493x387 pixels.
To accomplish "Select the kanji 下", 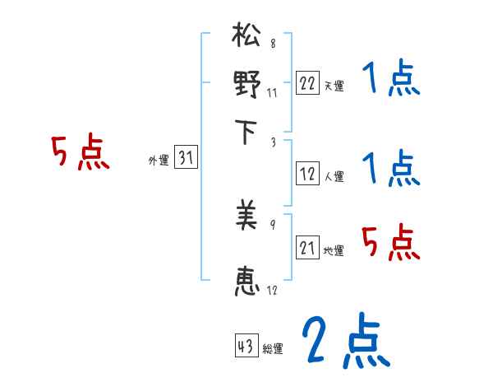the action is [x=247, y=132].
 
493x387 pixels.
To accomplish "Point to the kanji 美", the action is [x=247, y=217].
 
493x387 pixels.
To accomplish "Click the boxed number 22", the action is [x=307, y=83].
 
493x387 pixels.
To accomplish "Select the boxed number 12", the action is [x=307, y=174].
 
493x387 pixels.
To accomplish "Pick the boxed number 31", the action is [x=187, y=159].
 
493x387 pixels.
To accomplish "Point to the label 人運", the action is [x=334, y=176].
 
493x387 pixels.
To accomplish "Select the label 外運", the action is [x=159, y=161].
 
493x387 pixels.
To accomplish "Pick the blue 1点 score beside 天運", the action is [x=390, y=80].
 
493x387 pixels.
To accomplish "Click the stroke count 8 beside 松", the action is [x=272, y=44].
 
